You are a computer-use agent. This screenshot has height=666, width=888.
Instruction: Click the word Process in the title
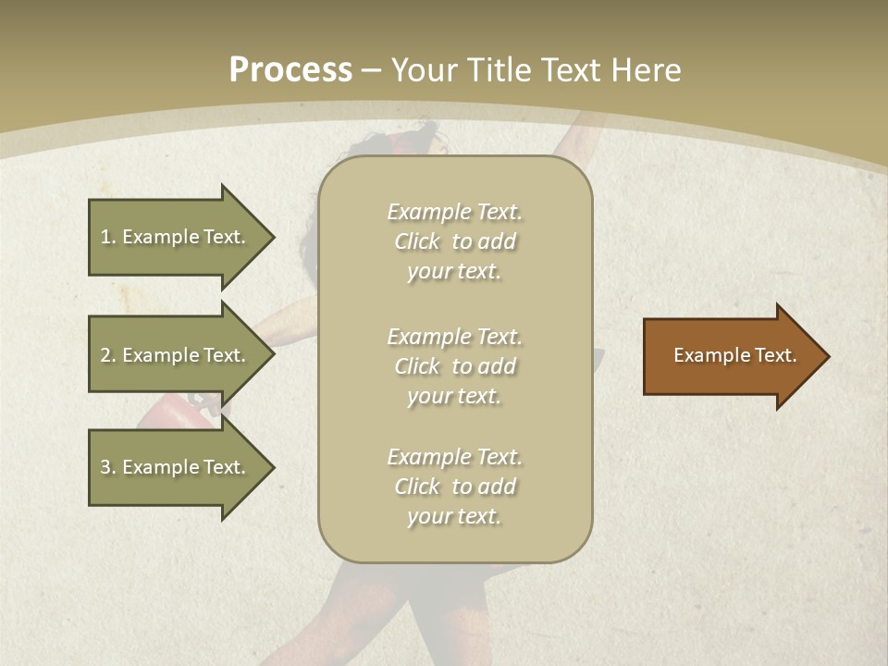point(290,70)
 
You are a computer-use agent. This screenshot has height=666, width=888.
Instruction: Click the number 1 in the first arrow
point(105,237)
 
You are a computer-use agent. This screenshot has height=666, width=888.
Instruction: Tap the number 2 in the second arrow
point(105,355)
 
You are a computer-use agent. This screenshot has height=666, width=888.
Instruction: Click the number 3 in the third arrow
point(105,467)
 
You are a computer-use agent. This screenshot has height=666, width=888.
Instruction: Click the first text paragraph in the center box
point(454,241)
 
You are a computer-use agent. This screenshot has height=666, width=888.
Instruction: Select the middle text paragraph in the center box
point(454,366)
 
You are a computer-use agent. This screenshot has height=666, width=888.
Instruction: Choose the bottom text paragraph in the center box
point(454,487)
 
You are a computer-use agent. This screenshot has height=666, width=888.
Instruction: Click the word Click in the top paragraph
point(416,241)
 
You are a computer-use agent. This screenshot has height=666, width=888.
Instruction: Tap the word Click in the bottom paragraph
point(416,487)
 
